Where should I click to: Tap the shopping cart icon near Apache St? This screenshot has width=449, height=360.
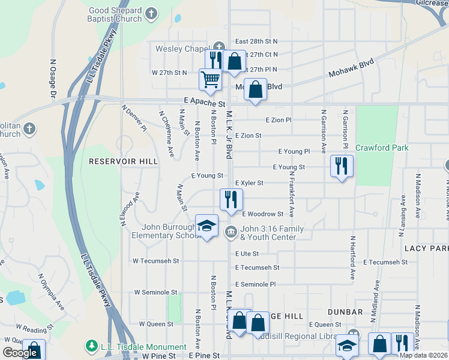click(x=210, y=79)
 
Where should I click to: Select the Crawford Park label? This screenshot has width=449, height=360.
click(x=382, y=148)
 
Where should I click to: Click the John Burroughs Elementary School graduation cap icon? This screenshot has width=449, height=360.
click(x=206, y=226)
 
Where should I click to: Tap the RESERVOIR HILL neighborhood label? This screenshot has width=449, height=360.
click(x=123, y=161)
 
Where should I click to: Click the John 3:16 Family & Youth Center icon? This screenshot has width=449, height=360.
click(x=231, y=232)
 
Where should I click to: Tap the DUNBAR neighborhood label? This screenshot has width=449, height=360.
click(x=346, y=312)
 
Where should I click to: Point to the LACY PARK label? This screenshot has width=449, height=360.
click(x=427, y=248)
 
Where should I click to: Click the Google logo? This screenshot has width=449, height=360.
click(x=20, y=353)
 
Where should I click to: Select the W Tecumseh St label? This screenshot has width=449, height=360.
click(x=156, y=261)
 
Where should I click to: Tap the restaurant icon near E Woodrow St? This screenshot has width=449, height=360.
click(x=231, y=200)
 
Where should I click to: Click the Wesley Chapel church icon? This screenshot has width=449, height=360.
click(x=220, y=47)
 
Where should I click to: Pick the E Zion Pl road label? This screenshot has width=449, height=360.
click(x=278, y=120)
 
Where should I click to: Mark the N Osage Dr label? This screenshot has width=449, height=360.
click(x=53, y=78)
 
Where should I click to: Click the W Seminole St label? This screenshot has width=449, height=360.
click(x=155, y=292)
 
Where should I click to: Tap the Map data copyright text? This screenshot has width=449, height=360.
click(x=423, y=355)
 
